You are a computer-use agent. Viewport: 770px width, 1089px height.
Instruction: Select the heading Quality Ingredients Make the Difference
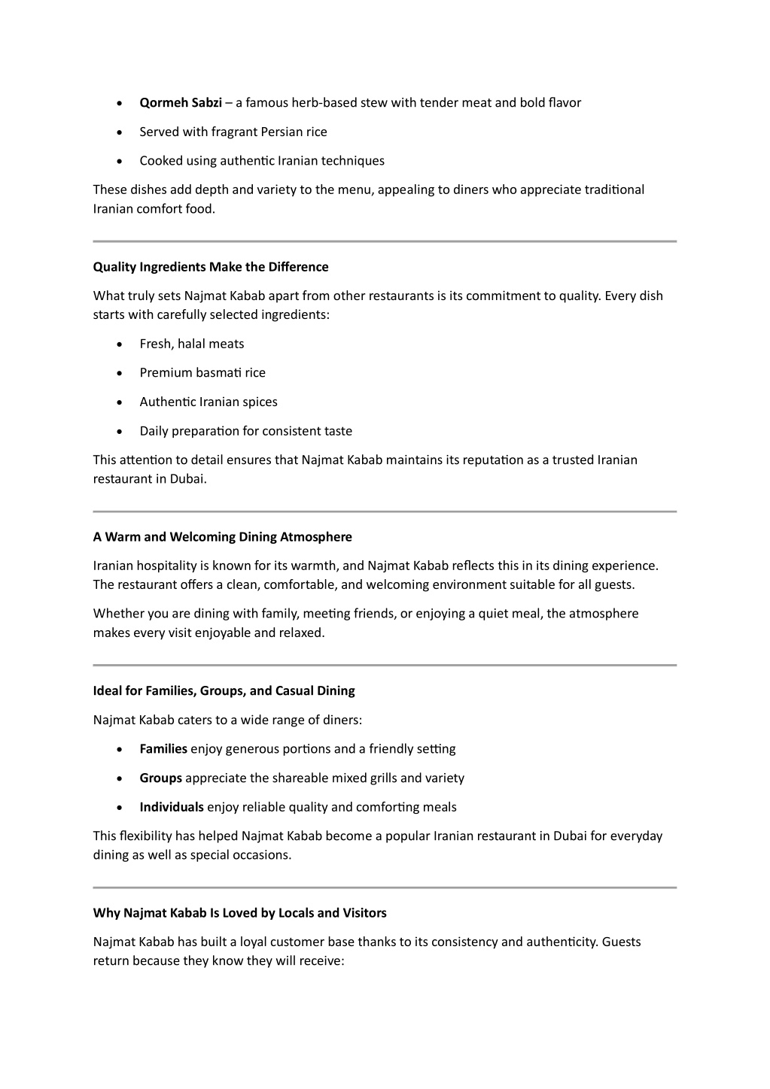(211, 267)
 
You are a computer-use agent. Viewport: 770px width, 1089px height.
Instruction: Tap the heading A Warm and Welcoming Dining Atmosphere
(222, 537)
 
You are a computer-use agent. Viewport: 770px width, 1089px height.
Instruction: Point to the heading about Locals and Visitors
(239, 913)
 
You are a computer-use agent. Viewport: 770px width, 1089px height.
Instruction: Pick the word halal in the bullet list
(191, 344)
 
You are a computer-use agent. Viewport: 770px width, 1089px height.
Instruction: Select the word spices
(260, 402)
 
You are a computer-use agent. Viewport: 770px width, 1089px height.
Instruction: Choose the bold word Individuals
(172, 807)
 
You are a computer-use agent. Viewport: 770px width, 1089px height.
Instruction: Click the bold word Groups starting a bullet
(160, 778)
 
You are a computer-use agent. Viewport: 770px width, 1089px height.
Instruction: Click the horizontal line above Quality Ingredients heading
(385, 241)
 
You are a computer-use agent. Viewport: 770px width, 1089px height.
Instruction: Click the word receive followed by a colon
(321, 960)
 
